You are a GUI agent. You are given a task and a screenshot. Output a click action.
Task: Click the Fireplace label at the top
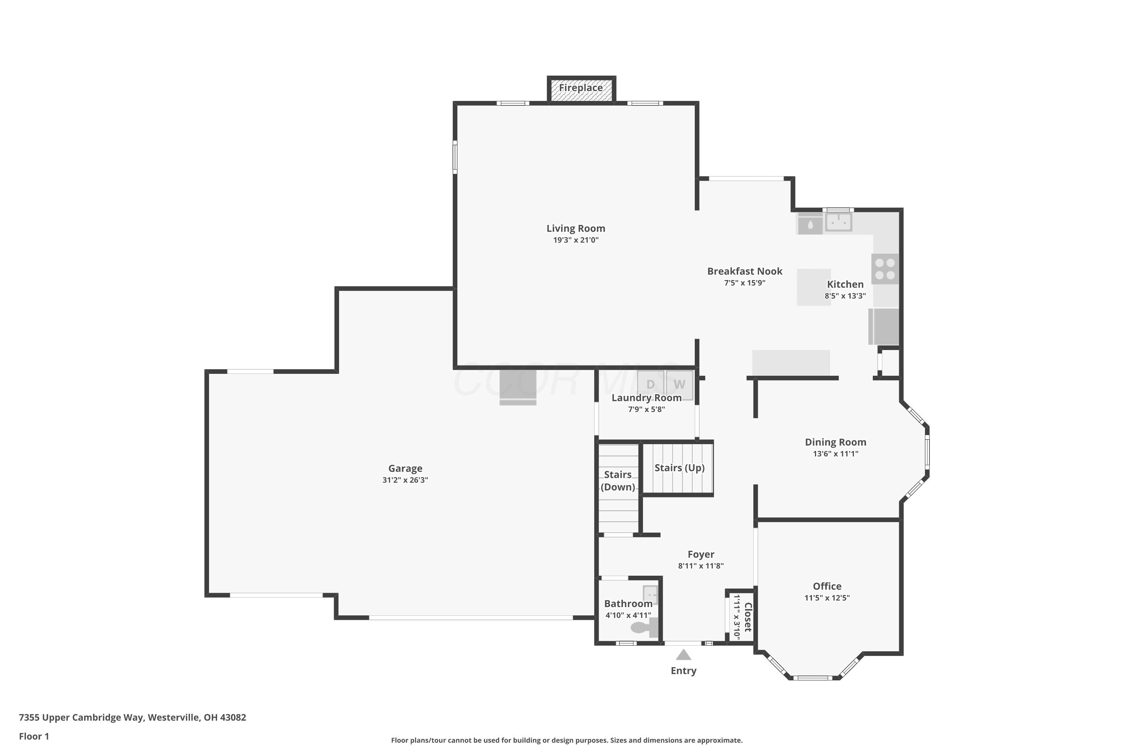(x=581, y=88)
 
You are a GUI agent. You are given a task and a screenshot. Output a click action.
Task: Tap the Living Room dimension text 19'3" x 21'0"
(x=576, y=240)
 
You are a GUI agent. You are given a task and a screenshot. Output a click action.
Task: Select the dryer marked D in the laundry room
(x=651, y=384)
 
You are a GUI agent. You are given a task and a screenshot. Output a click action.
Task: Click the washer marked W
(x=679, y=384)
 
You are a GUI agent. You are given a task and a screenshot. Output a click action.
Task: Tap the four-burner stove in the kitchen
(x=885, y=269)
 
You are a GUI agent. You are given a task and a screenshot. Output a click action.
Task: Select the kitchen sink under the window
(x=838, y=222)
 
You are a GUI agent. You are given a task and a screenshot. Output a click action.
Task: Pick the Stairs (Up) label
(x=679, y=468)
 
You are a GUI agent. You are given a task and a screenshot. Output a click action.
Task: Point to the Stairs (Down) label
(x=618, y=481)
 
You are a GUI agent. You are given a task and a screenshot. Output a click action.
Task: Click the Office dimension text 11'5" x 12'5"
(x=827, y=598)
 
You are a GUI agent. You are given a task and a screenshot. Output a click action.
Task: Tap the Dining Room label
(x=835, y=442)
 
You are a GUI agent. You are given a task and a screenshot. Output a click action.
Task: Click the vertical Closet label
(x=748, y=617)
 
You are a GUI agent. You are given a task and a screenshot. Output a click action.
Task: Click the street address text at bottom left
(x=133, y=717)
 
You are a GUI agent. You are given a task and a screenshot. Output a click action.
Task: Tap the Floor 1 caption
(x=34, y=736)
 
